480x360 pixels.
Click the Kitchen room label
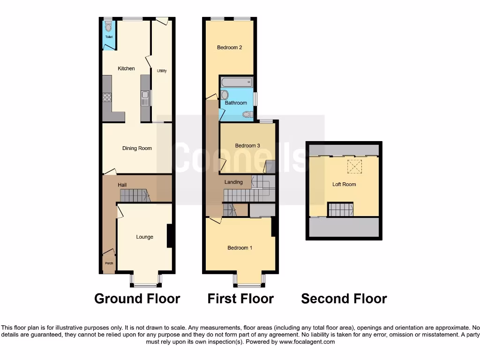click(126, 68)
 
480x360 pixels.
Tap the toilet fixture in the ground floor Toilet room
click(108, 27)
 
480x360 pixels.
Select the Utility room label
click(162, 71)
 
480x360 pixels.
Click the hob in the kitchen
click(107, 97)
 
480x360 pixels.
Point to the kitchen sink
click(145, 98)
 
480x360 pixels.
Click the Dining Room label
click(137, 149)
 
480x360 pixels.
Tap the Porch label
click(109, 263)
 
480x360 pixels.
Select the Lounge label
click(144, 237)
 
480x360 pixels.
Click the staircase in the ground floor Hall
click(135, 195)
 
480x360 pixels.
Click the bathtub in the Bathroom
click(237, 83)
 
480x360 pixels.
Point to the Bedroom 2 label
click(229, 47)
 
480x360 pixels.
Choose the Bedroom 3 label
click(247, 146)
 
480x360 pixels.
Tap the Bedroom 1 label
click(240, 247)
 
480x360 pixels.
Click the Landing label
click(233, 182)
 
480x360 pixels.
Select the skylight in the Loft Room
click(352, 166)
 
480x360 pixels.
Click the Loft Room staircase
click(340, 210)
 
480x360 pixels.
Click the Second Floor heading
click(344, 299)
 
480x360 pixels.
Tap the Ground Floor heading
click(137, 299)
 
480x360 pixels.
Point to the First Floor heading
click(240, 299)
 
